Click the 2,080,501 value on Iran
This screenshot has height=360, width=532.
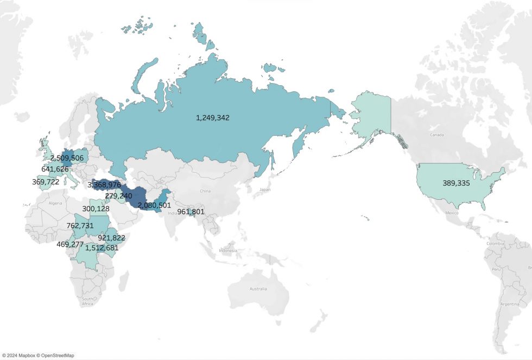tap(154, 205)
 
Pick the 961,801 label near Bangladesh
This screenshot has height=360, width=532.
tap(191, 211)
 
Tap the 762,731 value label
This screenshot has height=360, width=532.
tap(80, 226)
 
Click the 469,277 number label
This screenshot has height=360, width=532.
tap(70, 244)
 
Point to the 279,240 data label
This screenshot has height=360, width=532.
tap(118, 195)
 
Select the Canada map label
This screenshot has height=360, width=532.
tap(436, 134)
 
